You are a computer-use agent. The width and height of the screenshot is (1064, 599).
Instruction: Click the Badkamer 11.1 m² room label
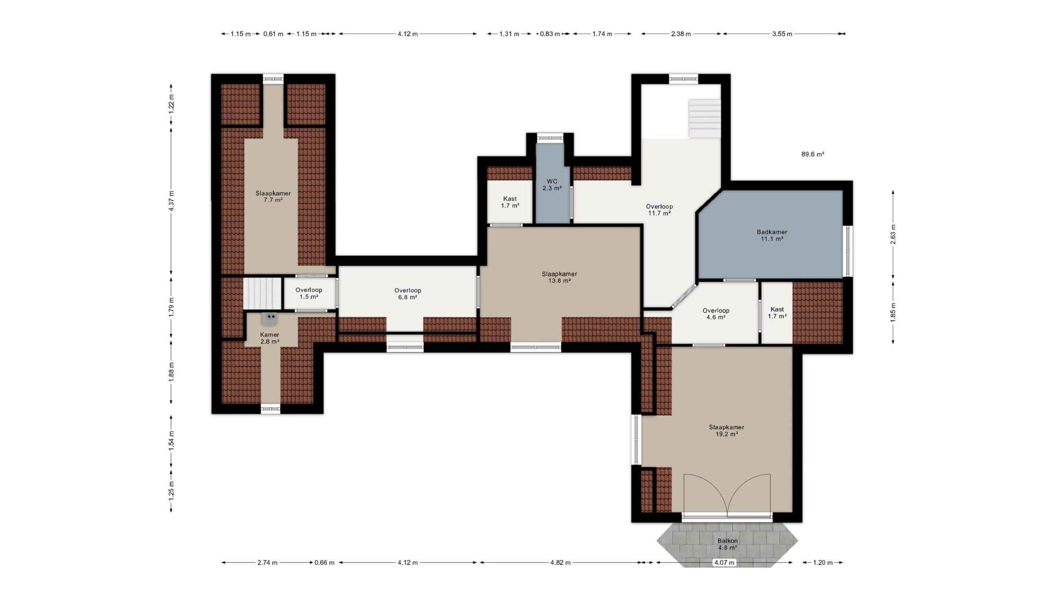point(772,235)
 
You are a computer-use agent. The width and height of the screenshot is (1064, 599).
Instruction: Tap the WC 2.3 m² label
point(552,185)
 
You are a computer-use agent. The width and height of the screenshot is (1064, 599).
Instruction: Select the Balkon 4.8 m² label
point(727,544)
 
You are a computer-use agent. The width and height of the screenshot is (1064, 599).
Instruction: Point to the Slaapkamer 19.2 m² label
point(727,431)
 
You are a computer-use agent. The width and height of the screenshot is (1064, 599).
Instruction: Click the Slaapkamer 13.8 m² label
point(559,277)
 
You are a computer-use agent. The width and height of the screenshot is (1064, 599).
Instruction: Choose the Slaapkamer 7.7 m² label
point(273,196)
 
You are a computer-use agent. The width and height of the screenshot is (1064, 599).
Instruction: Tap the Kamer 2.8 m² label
point(270,338)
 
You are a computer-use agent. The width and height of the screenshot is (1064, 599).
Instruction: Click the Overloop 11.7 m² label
point(659,210)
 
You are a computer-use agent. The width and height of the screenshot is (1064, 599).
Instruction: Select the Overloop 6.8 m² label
point(408,294)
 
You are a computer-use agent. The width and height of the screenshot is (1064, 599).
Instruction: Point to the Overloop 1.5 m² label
point(309,293)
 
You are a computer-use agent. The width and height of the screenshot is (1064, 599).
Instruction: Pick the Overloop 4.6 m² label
point(716,314)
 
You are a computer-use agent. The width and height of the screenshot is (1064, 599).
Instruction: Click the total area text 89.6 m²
point(813,154)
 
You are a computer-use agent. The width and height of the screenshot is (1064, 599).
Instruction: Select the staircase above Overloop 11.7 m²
point(705,119)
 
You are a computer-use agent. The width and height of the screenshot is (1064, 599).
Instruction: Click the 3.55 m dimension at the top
point(782,34)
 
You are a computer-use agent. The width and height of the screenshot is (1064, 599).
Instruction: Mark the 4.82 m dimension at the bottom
point(560,563)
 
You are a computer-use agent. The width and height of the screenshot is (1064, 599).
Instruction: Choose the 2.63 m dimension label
point(893,234)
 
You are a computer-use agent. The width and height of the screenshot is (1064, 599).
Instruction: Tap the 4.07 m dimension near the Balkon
point(724,563)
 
